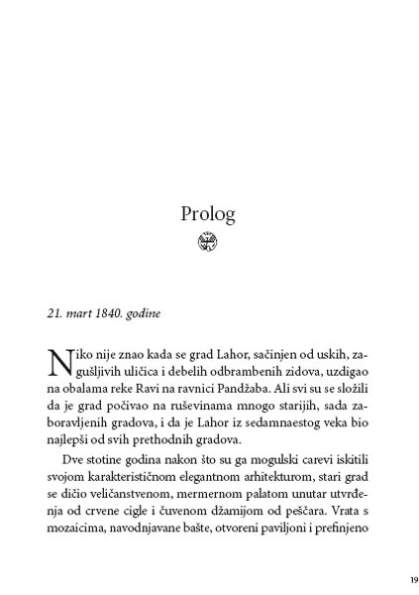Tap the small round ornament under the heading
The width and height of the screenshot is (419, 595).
208,240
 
